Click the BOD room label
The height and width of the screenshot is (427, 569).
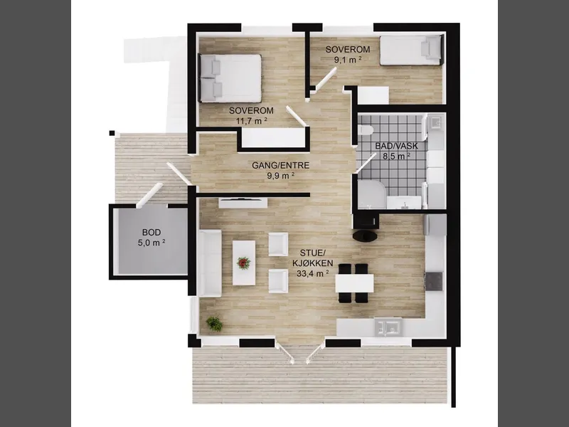coord(151,233)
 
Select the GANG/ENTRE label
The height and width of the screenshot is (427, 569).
coord(280,166)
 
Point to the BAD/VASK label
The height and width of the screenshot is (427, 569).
coord(396,147)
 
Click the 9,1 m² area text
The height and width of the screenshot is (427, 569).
coord(348,60)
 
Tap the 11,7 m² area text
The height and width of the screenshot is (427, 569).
coord(252,120)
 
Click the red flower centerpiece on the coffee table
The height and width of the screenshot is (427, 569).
coord(243,263)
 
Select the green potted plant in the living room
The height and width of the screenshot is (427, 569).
coord(215,324)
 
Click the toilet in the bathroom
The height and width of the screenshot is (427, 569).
coord(365,130)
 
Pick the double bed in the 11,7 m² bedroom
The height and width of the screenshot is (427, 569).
coord(230,78)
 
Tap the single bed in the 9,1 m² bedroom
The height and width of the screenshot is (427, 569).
coord(411,50)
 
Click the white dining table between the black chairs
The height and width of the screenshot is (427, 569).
coord(354,283)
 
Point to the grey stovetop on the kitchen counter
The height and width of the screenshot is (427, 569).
coord(434,281)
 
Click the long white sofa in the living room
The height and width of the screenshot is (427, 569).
coord(209,263)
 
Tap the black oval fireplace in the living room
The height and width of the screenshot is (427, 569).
coord(365,236)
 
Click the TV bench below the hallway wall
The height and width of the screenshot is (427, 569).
coord(243,203)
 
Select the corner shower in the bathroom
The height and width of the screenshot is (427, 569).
coord(371,194)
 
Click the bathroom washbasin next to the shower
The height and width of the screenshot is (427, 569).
coord(404,203)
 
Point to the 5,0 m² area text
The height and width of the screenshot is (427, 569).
coord(151,243)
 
